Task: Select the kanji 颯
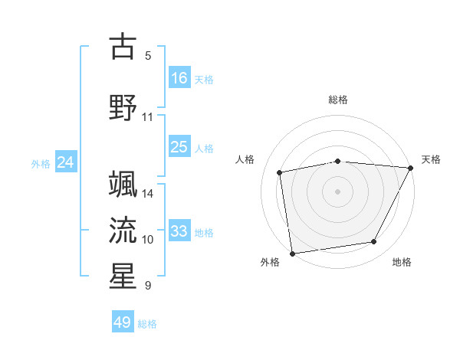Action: pos(123,183)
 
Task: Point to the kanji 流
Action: pos(123,229)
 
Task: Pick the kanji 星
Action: pos(123,276)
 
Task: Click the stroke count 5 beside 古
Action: pos(148,56)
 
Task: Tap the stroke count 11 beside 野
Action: pos(148,117)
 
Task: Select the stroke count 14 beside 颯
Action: pos(148,194)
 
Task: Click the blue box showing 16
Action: pos(179,77)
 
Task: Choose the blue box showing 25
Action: pos(179,147)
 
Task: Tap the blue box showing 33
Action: pos(179,231)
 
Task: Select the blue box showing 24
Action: pos(65,162)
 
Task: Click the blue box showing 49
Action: pos(122,322)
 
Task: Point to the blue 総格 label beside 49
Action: pos(148,324)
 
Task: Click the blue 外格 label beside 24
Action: pos(41,164)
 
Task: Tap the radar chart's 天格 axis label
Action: pos(431,159)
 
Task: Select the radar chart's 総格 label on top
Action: pos(338,100)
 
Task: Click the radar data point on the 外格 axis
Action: pos(292,253)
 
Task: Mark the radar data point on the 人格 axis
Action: pos(280,172)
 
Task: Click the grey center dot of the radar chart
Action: pos(338,191)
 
